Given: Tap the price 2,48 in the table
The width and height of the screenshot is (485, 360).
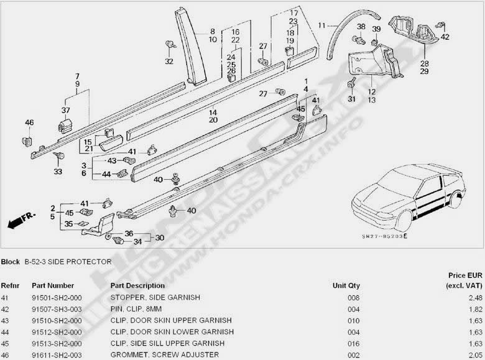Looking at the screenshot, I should (x=474, y=298).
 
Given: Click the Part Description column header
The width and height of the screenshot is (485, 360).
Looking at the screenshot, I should (x=137, y=285).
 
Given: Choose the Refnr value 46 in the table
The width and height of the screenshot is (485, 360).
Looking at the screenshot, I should (x=6, y=354).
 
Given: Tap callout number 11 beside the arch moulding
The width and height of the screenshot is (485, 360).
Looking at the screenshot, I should (x=321, y=25).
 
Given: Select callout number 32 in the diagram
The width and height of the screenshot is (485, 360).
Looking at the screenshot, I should (x=169, y=62).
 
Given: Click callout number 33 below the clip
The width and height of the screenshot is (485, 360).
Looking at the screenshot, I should (x=58, y=171).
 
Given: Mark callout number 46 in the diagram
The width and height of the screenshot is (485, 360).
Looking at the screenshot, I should (x=29, y=122).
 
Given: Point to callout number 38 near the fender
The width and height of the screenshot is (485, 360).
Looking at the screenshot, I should (x=361, y=27).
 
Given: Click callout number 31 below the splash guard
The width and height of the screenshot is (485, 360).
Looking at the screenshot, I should (x=351, y=99).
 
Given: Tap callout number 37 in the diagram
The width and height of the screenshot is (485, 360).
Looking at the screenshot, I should (x=65, y=111).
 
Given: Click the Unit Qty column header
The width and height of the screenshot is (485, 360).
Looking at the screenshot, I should (x=346, y=285).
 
